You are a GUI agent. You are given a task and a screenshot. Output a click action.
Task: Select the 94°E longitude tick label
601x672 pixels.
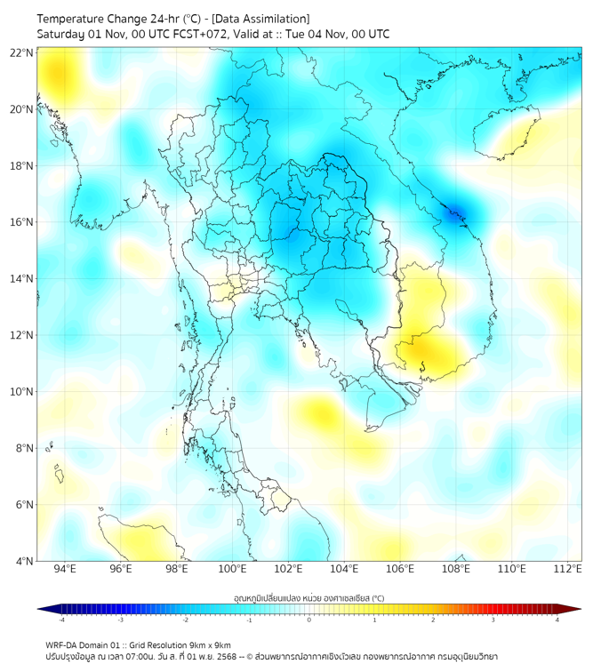tap(65, 569)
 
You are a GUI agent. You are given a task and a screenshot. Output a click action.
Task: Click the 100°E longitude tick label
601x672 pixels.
tap(232, 569)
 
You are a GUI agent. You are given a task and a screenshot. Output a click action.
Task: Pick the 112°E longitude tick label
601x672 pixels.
tap(566, 569)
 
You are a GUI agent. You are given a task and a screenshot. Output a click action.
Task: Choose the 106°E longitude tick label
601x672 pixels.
tap(399, 569)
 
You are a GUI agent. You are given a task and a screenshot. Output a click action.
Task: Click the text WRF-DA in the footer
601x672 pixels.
tap(63, 645)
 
